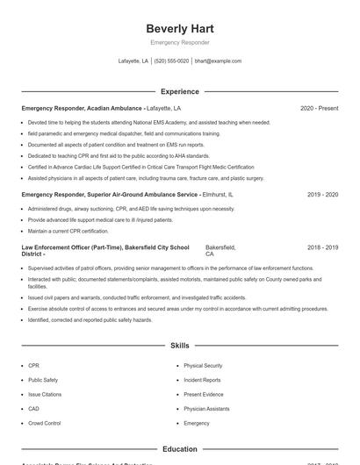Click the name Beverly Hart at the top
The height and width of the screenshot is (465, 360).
(180, 29)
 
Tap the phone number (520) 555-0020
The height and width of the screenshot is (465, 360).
(171, 61)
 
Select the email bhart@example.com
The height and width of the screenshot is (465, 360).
(218, 61)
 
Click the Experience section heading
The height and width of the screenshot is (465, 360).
(180, 91)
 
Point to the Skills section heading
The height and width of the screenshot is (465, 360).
(180, 347)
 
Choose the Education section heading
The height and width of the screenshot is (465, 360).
(180, 449)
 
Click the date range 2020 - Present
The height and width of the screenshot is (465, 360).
(319, 108)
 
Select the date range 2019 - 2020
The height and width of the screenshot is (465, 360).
(322, 194)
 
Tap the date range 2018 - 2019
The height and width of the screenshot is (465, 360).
(322, 248)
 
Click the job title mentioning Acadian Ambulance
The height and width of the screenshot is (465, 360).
(83, 108)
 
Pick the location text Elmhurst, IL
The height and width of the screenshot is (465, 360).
(218, 194)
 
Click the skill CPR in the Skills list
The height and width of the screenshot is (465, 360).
(34, 365)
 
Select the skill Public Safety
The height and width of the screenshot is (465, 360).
(43, 380)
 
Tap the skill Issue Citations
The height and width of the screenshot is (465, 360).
(45, 394)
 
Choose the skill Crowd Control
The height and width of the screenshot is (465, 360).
(45, 423)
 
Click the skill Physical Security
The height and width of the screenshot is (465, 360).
(203, 365)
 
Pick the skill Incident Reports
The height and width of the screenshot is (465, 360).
(202, 380)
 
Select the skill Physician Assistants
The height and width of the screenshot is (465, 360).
(206, 409)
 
